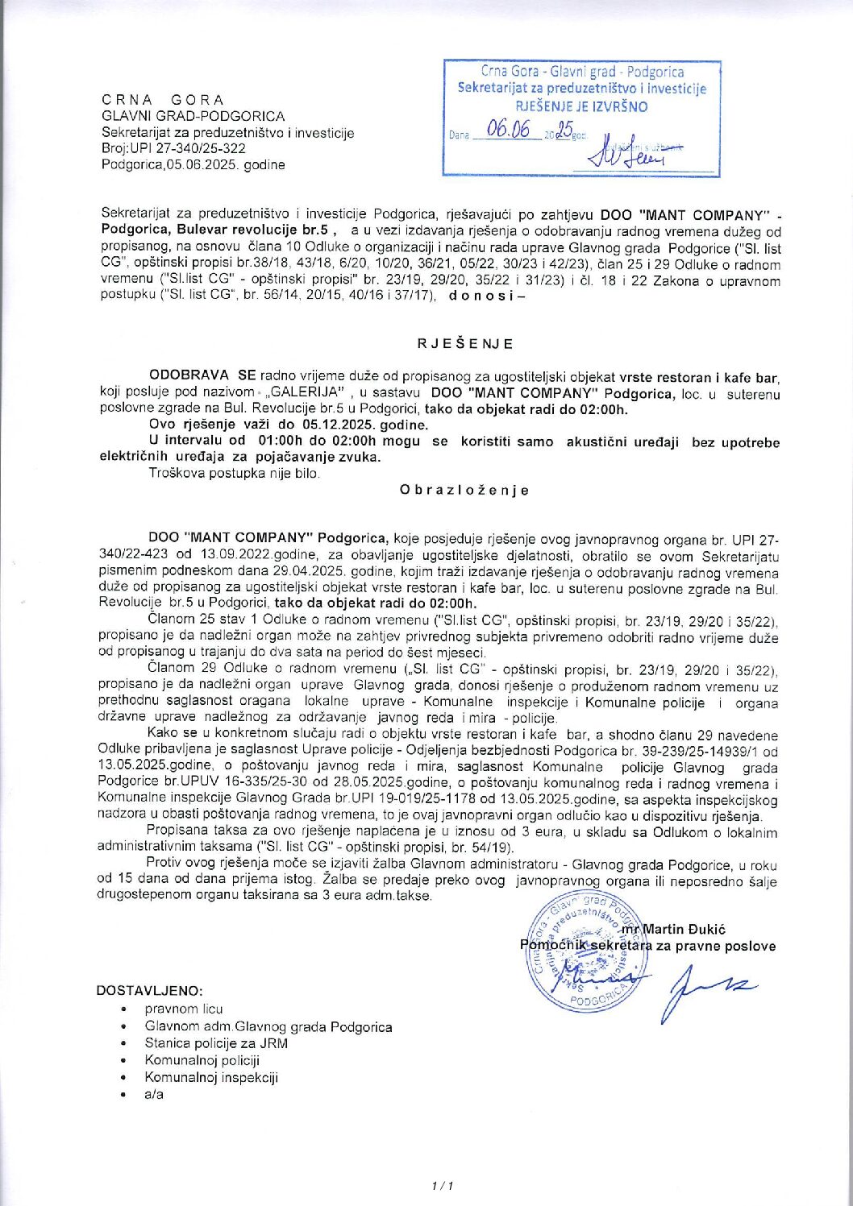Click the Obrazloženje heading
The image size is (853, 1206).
(464, 490)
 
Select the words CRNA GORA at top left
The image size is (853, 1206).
(163, 100)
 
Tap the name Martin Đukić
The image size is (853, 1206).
(684, 929)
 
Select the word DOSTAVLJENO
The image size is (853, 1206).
(150, 990)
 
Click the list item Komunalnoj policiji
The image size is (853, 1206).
(202, 1060)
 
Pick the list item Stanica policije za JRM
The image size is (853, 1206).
(216, 1043)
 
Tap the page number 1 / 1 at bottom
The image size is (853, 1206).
(443, 1185)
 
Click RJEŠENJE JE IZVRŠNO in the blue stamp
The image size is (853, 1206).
(581, 106)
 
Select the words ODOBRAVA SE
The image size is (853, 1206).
(202, 376)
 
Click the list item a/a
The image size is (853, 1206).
(154, 1094)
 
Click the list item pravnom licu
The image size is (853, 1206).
(184, 1009)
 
